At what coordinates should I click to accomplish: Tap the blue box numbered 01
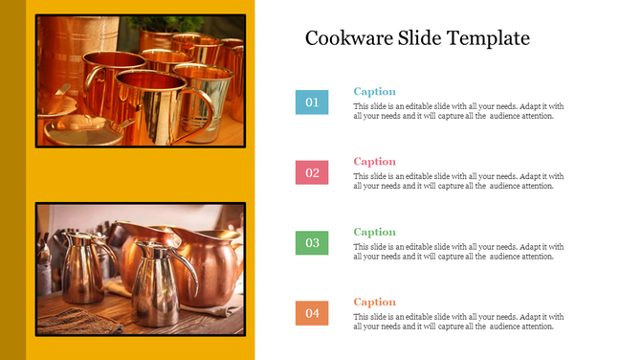click(x=312, y=101)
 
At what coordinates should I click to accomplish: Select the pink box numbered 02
click(x=312, y=172)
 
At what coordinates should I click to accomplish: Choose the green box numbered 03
click(x=312, y=243)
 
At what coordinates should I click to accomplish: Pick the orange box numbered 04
click(x=312, y=313)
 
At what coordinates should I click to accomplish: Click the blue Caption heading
click(x=374, y=92)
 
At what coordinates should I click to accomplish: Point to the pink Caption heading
click(x=374, y=162)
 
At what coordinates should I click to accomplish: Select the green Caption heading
click(x=374, y=232)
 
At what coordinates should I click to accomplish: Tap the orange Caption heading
click(x=374, y=302)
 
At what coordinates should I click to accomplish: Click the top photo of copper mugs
click(x=140, y=80)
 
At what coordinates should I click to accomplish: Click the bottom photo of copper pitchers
click(x=140, y=268)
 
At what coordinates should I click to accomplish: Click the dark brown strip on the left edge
click(x=12, y=180)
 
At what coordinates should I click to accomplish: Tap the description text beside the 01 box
click(x=458, y=111)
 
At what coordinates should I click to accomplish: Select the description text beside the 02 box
click(x=458, y=181)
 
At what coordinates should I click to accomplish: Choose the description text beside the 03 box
click(x=458, y=252)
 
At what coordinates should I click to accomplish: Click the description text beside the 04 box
click(x=458, y=322)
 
